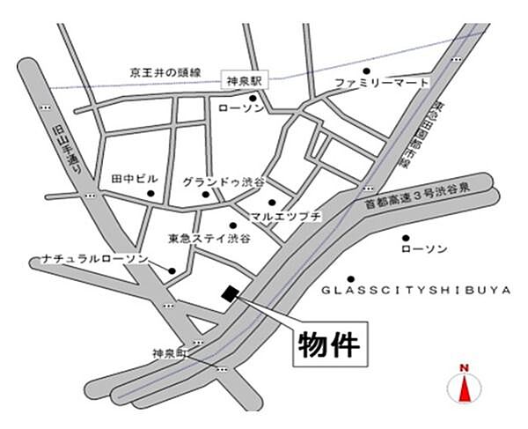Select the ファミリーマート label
click(x=381, y=83)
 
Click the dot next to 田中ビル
click(x=151, y=193)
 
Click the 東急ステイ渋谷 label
click(x=209, y=238)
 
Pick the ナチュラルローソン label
click(x=87, y=259)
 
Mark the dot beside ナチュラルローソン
click(x=173, y=270)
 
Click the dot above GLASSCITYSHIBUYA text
click(x=351, y=278)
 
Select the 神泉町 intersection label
click(x=170, y=353)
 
